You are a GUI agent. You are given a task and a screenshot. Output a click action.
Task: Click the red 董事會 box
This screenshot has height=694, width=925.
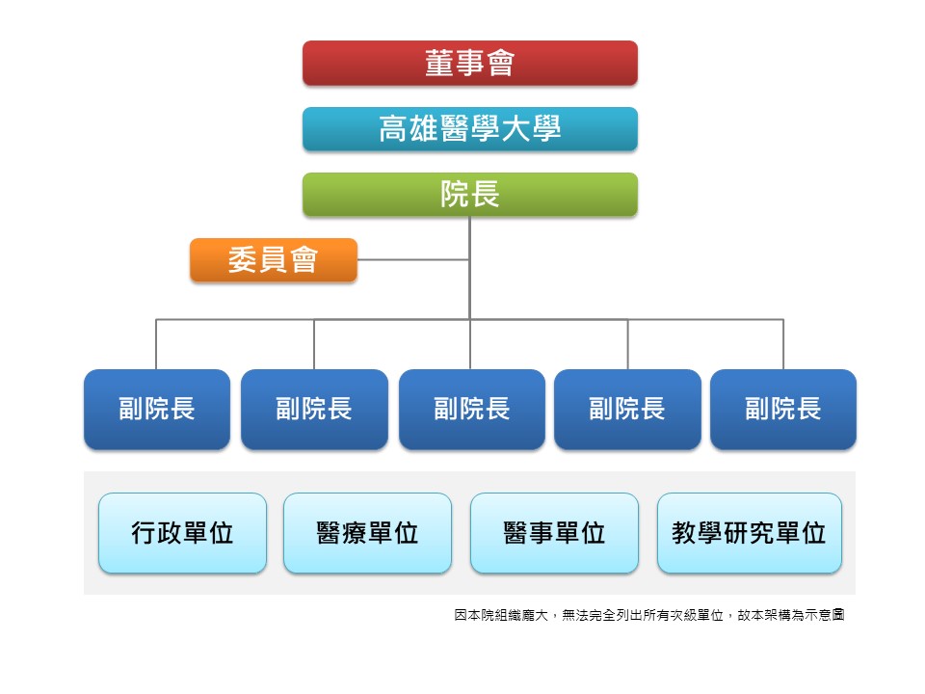point(470,64)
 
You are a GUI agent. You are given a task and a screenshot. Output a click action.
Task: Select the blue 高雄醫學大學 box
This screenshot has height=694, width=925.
point(470,128)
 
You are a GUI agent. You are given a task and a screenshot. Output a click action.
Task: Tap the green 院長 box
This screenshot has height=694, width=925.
point(470,194)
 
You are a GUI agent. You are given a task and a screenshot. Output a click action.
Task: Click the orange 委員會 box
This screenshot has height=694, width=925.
point(274,259)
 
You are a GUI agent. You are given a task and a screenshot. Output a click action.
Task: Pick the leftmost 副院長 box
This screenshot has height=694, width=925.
point(157,409)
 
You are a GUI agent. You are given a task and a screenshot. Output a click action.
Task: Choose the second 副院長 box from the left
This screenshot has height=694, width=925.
point(314,409)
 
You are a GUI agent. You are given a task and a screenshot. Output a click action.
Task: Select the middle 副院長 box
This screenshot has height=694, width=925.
point(472,409)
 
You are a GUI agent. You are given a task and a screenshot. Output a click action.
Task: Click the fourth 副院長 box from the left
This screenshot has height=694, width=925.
point(627,409)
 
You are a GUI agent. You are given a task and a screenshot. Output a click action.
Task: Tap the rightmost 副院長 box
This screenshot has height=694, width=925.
point(783,409)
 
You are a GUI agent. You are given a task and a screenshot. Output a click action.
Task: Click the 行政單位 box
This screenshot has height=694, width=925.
point(182,533)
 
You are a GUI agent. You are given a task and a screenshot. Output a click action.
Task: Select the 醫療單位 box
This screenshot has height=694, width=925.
point(367,533)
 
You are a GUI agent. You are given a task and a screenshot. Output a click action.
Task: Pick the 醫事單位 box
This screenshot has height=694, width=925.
point(555,533)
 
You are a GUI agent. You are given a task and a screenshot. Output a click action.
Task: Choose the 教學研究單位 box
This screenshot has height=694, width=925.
point(750,533)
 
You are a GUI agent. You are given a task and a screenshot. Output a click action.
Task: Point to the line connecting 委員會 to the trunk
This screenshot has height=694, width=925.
point(413,259)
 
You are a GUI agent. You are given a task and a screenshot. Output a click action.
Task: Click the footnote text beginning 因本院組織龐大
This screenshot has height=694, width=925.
point(648,615)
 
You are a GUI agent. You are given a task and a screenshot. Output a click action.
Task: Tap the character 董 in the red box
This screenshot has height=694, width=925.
point(439,64)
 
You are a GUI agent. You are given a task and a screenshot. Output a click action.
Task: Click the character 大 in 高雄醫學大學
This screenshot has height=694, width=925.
point(515,128)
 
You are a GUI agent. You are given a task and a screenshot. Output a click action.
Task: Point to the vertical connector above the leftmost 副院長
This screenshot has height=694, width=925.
point(156,345)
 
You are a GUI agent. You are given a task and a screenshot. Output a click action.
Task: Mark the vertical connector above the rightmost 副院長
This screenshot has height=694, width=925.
point(783,345)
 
